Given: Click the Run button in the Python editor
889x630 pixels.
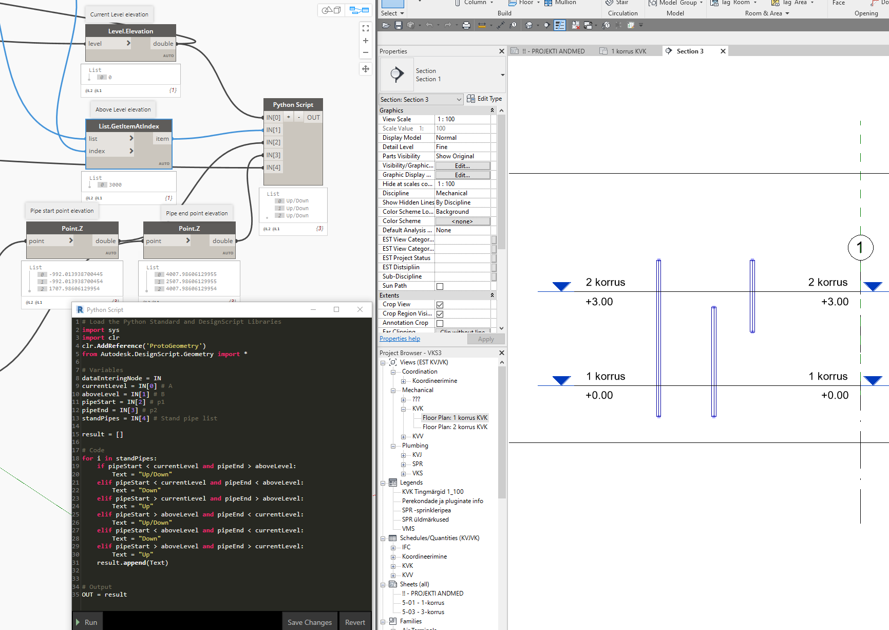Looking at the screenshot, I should tap(87, 622).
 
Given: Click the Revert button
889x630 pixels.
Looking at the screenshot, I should tap(355, 622).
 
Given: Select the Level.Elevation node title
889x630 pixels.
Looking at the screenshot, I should tap(130, 31).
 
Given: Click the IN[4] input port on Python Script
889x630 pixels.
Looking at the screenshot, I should tap(273, 168).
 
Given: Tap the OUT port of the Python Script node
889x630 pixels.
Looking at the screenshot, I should tap(313, 118).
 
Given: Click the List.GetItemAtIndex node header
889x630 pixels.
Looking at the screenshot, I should tap(129, 126).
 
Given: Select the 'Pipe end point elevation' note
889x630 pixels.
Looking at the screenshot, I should tap(197, 213).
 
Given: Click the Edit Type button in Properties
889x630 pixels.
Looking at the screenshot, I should tap(484, 99).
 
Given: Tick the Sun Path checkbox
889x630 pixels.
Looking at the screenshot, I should tap(440, 286).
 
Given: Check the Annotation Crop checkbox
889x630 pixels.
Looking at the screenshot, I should tap(440, 323).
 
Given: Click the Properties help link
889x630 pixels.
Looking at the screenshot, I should tap(400, 339).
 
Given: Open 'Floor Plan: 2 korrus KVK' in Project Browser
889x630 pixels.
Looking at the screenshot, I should tap(455, 427).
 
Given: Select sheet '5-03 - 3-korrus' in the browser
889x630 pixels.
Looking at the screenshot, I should tap(423, 612).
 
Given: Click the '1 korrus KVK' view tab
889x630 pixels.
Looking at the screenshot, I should tap(628, 51).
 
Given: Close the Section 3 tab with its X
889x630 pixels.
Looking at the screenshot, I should tap(723, 51).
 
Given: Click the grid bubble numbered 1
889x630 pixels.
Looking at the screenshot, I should tap(860, 248).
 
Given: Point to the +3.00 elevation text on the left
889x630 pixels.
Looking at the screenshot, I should tap(599, 302).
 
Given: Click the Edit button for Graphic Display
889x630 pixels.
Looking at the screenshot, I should tap(462, 175).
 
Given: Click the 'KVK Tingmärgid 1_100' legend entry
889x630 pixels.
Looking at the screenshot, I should tap(432, 492).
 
